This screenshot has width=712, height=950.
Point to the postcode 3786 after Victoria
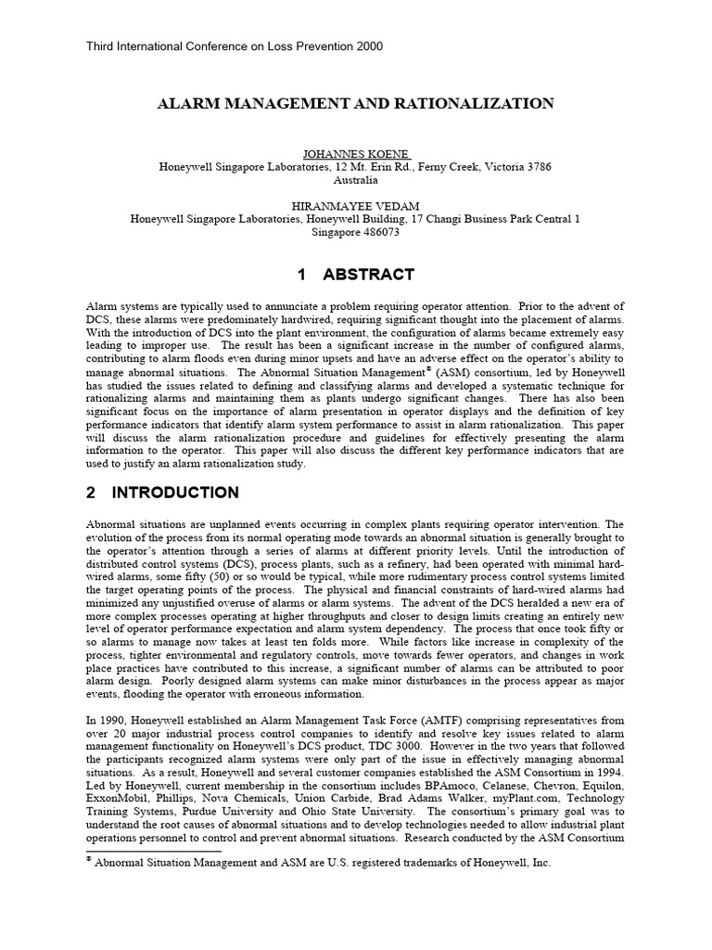(539, 167)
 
